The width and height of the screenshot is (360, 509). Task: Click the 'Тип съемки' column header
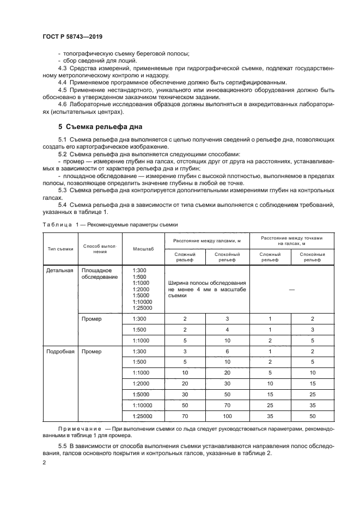60,249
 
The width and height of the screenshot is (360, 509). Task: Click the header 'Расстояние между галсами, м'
206,240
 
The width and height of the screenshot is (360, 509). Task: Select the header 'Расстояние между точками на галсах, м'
291,240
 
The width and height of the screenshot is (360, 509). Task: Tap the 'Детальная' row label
60,271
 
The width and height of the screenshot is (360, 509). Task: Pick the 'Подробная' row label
60,352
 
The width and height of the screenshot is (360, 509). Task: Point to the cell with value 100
228,416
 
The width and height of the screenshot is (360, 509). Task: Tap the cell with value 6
228,352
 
